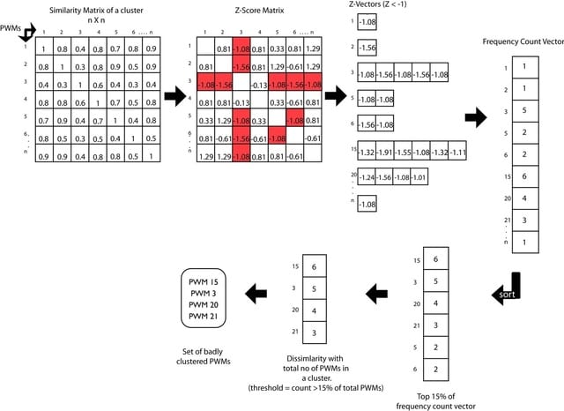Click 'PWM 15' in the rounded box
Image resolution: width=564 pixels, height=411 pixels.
coord(203,280)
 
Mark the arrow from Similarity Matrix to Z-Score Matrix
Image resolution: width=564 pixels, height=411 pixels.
coord(177,93)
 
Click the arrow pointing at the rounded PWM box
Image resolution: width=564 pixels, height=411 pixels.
coord(256,291)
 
